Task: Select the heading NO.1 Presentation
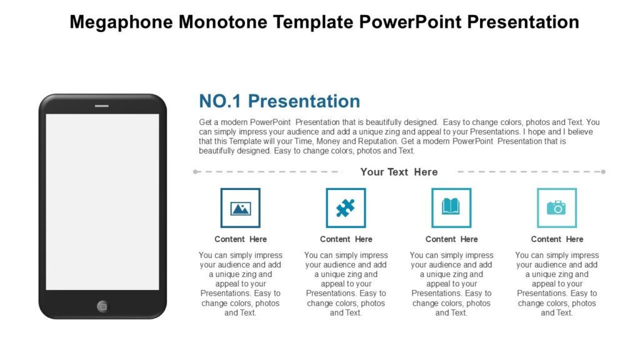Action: click(x=279, y=101)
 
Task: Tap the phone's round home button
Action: click(x=102, y=306)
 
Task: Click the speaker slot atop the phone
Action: click(x=102, y=106)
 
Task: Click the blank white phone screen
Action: click(x=102, y=201)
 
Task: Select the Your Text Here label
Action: click(x=399, y=172)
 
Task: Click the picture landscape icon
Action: click(x=241, y=208)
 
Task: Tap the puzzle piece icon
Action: click(x=346, y=208)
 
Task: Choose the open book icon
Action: click(x=451, y=207)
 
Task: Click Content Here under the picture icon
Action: click(x=241, y=239)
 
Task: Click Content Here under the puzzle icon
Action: click(x=346, y=239)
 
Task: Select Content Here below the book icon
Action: click(x=451, y=239)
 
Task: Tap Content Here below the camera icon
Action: click(x=557, y=239)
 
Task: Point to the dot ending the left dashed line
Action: click(x=196, y=171)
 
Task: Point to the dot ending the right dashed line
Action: click(x=603, y=171)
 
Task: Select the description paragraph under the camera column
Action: click(x=557, y=284)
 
